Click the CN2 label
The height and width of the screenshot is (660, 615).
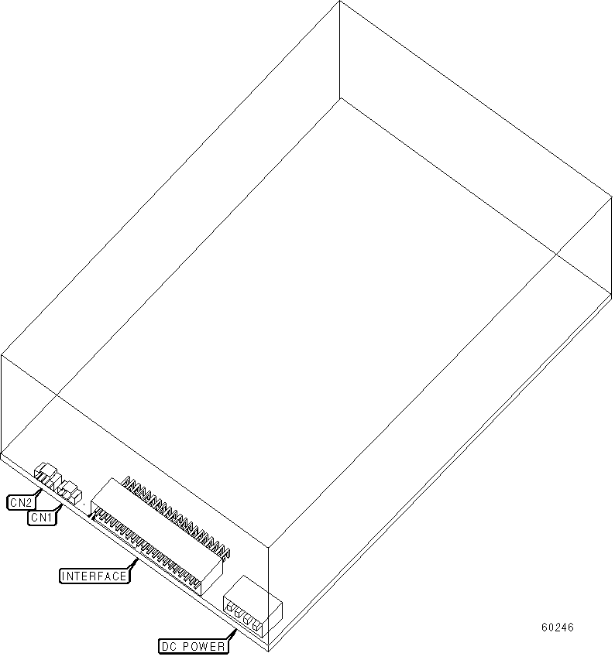pos(21,501)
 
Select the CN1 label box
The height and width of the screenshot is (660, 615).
pos(41,518)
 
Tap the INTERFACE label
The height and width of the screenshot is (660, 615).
pos(94,576)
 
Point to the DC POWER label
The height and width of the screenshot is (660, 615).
pos(193,645)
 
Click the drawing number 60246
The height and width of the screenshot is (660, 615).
pos(558,628)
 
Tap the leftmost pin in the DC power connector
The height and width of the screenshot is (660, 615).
pos(230,608)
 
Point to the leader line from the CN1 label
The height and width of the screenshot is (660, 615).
pos(60,506)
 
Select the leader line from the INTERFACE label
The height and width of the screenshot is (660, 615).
pos(133,564)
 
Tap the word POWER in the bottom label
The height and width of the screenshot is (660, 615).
pos(203,645)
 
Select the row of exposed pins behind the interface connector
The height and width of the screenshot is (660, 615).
pos(178,515)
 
